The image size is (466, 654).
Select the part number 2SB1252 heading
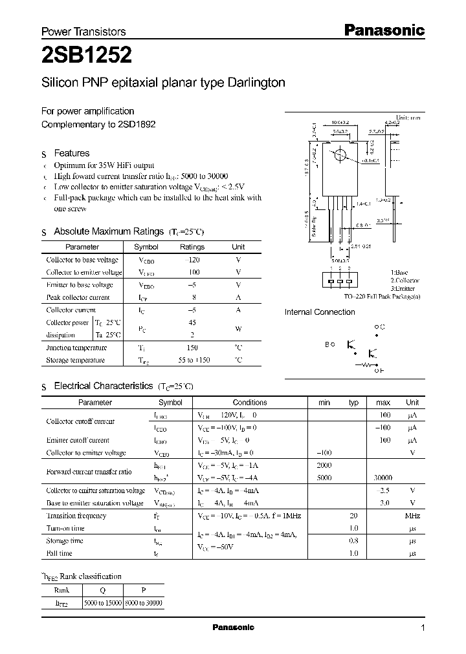point(87,56)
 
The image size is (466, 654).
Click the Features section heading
point(71,153)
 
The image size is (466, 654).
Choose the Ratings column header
point(192,247)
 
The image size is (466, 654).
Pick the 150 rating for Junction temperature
point(192,348)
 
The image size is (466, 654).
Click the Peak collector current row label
point(78,297)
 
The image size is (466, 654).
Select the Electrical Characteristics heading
point(103,386)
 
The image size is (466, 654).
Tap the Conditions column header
point(249,402)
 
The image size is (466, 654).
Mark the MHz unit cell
point(412,516)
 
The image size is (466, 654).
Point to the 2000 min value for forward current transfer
point(324,465)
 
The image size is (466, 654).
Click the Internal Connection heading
point(320,312)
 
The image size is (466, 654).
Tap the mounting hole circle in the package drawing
point(338,156)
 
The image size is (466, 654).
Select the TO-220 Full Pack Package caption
point(382,296)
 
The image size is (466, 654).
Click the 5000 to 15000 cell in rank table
point(102,602)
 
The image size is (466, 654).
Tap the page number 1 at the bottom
point(423,628)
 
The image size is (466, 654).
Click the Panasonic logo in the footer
point(234,628)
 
